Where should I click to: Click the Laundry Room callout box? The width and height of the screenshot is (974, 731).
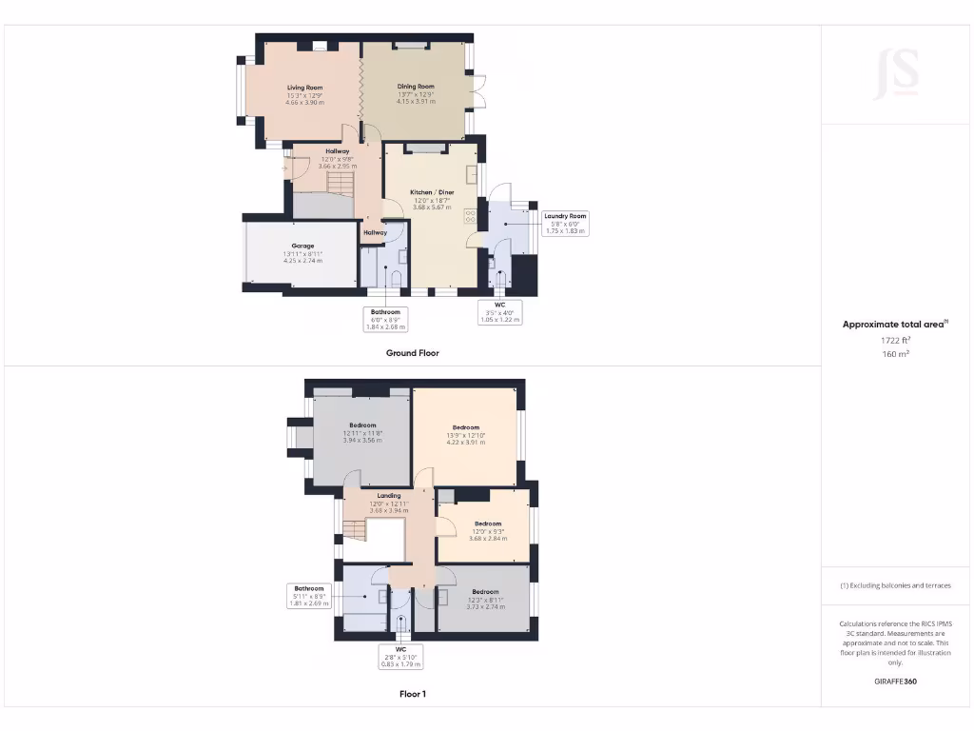[x=565, y=223]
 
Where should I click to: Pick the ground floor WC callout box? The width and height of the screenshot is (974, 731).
[x=499, y=313]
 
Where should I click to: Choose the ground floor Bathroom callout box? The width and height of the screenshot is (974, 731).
[x=385, y=319]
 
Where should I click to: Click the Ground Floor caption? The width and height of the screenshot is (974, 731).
[x=412, y=353]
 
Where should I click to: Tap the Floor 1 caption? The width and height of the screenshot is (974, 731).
[x=412, y=694]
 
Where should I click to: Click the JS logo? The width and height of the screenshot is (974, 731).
[x=896, y=74]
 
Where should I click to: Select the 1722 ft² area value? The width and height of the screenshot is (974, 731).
[x=895, y=340]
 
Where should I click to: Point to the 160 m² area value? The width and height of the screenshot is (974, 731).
[x=895, y=354]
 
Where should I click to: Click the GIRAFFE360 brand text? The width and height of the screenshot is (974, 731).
[x=895, y=682]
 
